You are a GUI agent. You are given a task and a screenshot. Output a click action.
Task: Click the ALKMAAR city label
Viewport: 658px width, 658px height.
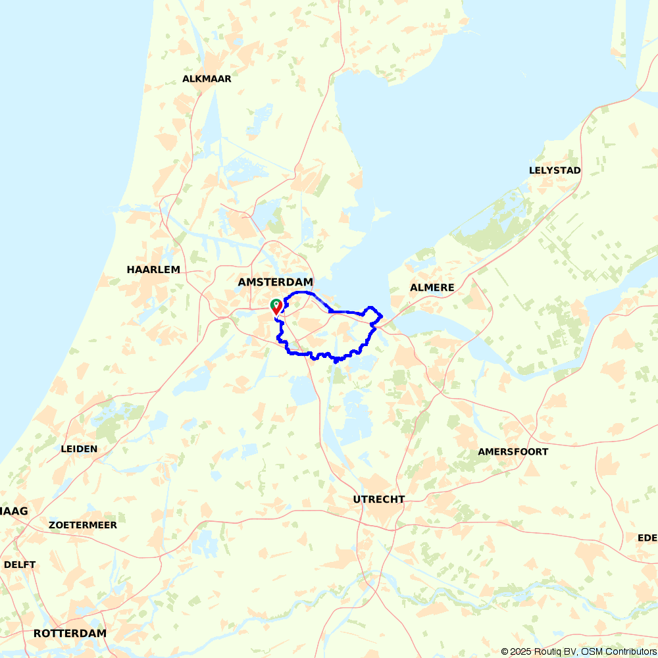[207, 79]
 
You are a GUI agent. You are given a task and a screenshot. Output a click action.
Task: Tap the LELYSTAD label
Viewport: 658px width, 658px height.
[555, 170]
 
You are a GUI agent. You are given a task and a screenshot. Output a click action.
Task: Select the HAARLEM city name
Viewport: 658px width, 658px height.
[153, 270]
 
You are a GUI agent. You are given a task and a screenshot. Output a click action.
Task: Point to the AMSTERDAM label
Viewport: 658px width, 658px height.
[275, 282]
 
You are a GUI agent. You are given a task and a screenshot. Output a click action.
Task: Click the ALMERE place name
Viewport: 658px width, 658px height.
[432, 288]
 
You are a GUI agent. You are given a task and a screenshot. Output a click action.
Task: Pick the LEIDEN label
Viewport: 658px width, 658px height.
[79, 449]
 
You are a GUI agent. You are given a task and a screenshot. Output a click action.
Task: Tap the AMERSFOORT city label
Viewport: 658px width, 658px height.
[513, 452]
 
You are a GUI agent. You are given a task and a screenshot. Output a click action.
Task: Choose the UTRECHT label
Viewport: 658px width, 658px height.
[378, 499]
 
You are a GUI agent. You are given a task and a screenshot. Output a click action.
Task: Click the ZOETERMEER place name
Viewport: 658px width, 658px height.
[83, 525]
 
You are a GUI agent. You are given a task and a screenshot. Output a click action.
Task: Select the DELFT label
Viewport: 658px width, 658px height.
[20, 565]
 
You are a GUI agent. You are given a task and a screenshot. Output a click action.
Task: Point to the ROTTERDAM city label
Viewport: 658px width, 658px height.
[70, 633]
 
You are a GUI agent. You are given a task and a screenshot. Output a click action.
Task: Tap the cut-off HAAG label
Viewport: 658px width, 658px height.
[13, 511]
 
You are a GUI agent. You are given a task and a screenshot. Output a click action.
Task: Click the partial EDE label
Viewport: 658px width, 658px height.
[647, 538]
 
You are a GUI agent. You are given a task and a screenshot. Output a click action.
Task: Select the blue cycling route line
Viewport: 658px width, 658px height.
[309, 355]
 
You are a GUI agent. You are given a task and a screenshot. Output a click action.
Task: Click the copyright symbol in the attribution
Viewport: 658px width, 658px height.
[505, 651]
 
